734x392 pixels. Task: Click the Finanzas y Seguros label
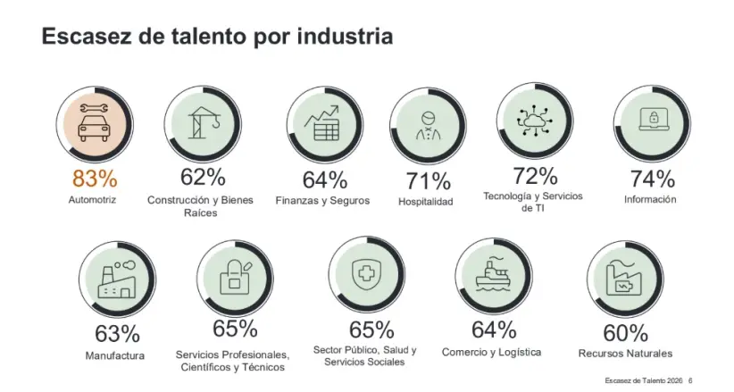(x=322, y=200)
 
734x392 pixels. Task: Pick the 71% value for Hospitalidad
(x=428, y=181)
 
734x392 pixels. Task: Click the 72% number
(x=536, y=175)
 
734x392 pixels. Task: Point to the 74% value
(x=651, y=178)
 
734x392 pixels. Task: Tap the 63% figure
(x=117, y=335)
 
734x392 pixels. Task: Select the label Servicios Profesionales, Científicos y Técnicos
(x=234, y=360)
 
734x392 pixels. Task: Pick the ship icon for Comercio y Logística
(x=493, y=275)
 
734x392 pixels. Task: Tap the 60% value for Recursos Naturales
(x=625, y=333)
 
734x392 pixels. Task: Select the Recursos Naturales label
(x=625, y=354)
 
